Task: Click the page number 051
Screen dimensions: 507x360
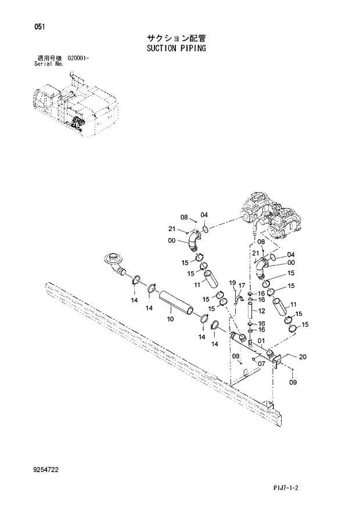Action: click(x=39, y=27)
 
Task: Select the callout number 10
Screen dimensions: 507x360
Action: click(x=170, y=319)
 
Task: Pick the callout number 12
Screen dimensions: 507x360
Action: click(x=261, y=311)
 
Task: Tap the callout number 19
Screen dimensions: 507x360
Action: click(x=232, y=283)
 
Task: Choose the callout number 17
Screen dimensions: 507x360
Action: click(x=243, y=285)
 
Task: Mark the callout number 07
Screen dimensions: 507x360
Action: click(x=262, y=364)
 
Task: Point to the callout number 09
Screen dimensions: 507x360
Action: click(x=293, y=383)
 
